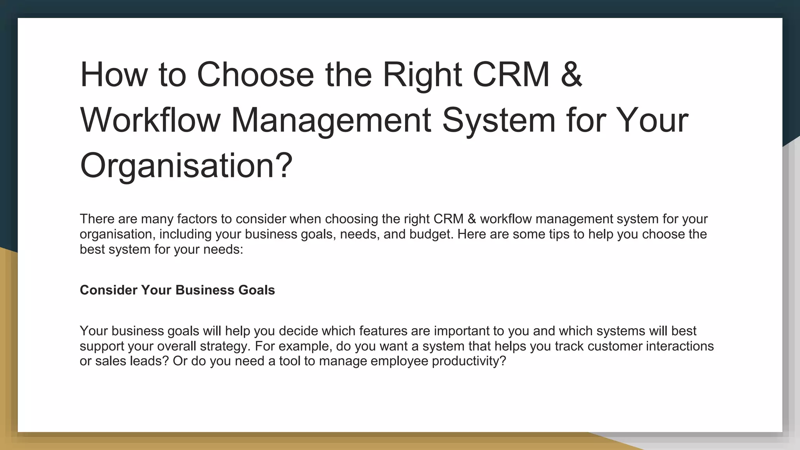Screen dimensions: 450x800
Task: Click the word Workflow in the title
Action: tap(150, 120)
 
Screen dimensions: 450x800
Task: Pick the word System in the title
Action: tap(498, 120)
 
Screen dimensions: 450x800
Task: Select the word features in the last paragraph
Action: tap(383, 331)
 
